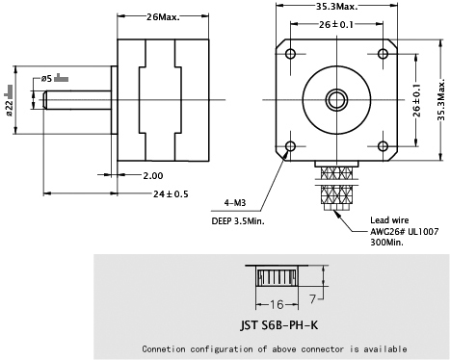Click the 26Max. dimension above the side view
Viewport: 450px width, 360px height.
[x=163, y=16]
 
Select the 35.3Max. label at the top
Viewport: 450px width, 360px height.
[x=336, y=7]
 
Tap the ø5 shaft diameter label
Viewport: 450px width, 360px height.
[x=46, y=78]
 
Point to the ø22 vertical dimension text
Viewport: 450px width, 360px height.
[x=9, y=108]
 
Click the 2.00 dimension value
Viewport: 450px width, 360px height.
[x=153, y=175]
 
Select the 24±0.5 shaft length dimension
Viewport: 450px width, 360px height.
[x=171, y=193]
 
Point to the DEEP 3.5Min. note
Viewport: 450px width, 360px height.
[x=238, y=220]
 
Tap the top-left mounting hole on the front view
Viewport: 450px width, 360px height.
[x=291, y=53]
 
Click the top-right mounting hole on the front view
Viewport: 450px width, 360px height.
[x=383, y=53]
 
